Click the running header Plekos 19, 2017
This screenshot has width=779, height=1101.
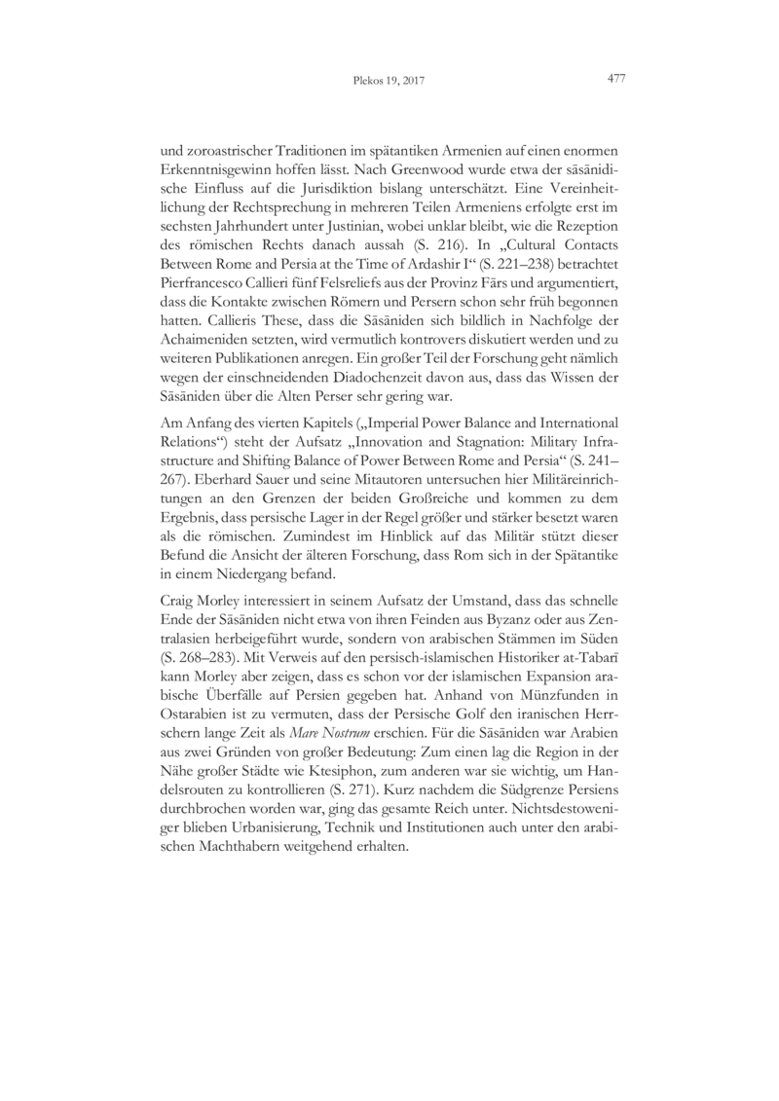click(x=389, y=84)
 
